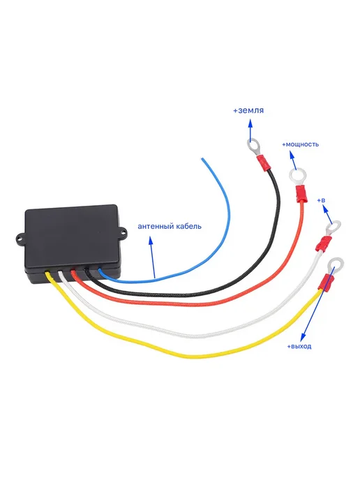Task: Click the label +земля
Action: [248, 110]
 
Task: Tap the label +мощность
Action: [300, 144]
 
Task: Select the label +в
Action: [321, 200]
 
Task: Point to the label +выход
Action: [299, 346]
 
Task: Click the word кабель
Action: [189, 226]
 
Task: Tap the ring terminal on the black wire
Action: [255, 147]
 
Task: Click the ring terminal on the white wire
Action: [333, 227]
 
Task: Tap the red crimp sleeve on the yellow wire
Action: [326, 283]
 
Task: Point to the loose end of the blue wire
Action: [202, 158]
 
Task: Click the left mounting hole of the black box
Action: [20, 237]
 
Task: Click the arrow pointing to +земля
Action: [250, 130]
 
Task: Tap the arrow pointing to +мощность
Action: [293, 160]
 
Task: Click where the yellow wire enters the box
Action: [47, 273]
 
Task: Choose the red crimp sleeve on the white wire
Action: [322, 243]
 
